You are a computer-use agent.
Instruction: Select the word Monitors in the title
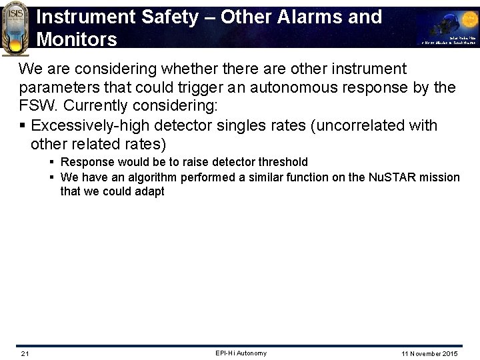[77, 39]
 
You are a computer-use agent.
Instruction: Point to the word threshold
[280, 162]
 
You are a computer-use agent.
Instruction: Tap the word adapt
[150, 192]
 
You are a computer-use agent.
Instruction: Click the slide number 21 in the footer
[25, 353]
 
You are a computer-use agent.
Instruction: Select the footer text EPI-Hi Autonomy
[241, 353]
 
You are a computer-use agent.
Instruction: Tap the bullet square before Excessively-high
[23, 125]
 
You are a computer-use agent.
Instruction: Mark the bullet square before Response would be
[51, 162]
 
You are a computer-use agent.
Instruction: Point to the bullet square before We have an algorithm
[51, 177]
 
